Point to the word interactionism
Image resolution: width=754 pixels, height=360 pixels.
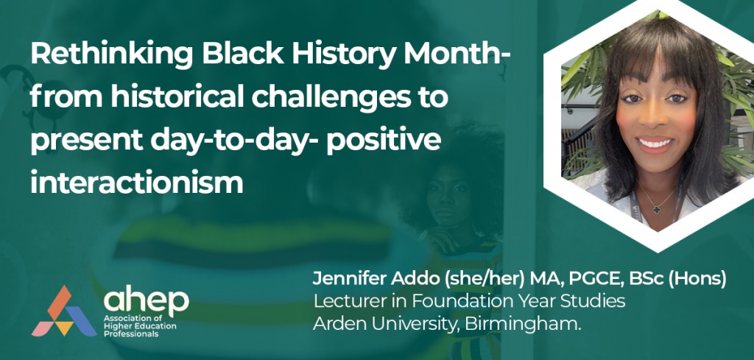point(137,183)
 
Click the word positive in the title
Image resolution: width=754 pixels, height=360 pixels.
point(383,141)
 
